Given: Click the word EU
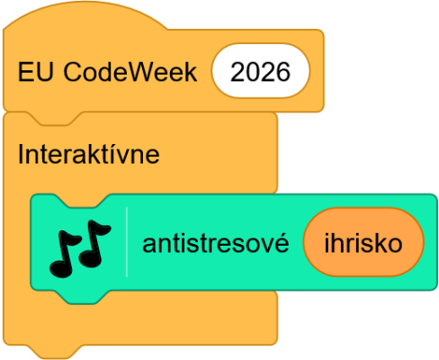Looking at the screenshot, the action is [x=36, y=72].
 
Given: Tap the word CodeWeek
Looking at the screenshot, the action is [x=130, y=72].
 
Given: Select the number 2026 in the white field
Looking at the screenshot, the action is [x=260, y=72].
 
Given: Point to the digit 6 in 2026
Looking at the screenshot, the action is [x=283, y=72].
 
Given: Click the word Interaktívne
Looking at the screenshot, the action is [x=89, y=154].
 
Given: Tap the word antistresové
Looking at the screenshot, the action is [x=216, y=243].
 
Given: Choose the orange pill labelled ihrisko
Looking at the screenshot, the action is [x=363, y=242].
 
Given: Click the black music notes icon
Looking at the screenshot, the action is [x=80, y=248].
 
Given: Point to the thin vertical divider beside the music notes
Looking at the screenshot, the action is [x=127, y=242].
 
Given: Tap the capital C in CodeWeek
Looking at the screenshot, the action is [x=73, y=72].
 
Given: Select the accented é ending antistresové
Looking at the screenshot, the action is [x=282, y=242].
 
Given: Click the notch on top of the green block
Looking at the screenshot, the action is [x=81, y=201].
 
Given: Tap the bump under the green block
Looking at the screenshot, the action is [x=81, y=298].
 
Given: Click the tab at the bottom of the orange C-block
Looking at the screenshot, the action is [x=55, y=352].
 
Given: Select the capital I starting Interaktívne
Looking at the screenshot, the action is [x=21, y=153].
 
